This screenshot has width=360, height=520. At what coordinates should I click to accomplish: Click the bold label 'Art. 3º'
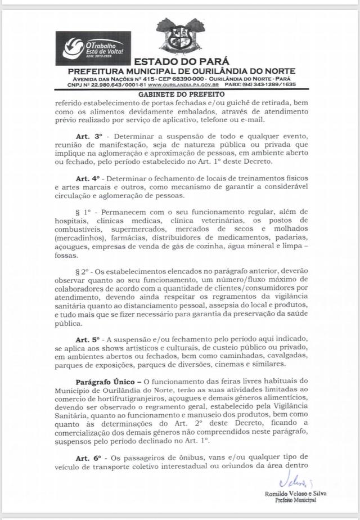point(88,137)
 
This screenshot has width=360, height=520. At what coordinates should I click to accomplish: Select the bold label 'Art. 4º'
point(88,178)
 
